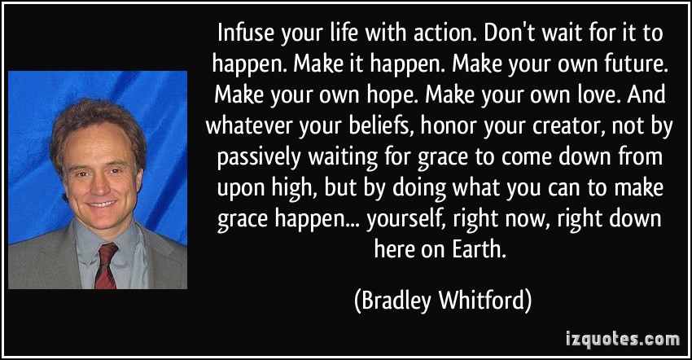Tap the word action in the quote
point(445,34)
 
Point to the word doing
point(418,190)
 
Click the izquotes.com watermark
point(623,340)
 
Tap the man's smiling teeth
point(102,204)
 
